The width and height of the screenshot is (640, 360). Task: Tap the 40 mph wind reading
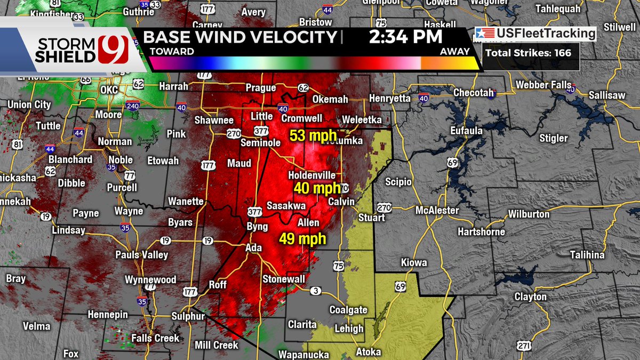(x=317, y=188)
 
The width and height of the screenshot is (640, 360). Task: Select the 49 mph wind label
(x=302, y=239)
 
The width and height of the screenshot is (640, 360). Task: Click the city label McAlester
(x=437, y=210)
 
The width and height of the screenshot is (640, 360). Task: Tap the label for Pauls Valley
(x=142, y=255)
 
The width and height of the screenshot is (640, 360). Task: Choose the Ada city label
(x=254, y=248)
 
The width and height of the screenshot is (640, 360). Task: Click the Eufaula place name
(x=466, y=131)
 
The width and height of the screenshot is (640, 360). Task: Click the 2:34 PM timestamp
(x=405, y=37)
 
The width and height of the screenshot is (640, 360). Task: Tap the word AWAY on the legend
(x=455, y=52)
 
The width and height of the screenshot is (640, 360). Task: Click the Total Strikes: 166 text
(x=527, y=53)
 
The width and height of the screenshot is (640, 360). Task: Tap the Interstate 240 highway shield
(x=133, y=106)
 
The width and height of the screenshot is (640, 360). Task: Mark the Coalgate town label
(x=348, y=310)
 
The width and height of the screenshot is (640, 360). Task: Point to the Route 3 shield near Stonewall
(x=316, y=291)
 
